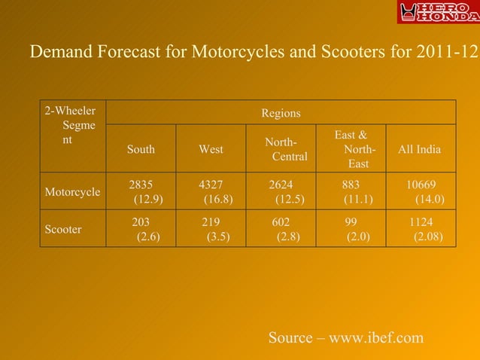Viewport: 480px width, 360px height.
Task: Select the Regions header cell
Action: coord(281,113)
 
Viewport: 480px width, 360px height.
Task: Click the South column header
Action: coord(141,149)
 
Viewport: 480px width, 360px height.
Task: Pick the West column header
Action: coord(211,149)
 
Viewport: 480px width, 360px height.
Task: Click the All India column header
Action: coord(420,149)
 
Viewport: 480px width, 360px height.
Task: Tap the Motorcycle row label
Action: coord(72,192)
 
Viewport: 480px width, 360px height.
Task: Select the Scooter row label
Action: coord(64,230)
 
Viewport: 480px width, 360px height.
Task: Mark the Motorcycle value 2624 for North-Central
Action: coord(281,185)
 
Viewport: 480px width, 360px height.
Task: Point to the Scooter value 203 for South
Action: coord(141,222)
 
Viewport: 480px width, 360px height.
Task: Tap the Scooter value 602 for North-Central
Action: coord(281,222)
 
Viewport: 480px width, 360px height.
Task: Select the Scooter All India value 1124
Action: coord(421,222)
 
